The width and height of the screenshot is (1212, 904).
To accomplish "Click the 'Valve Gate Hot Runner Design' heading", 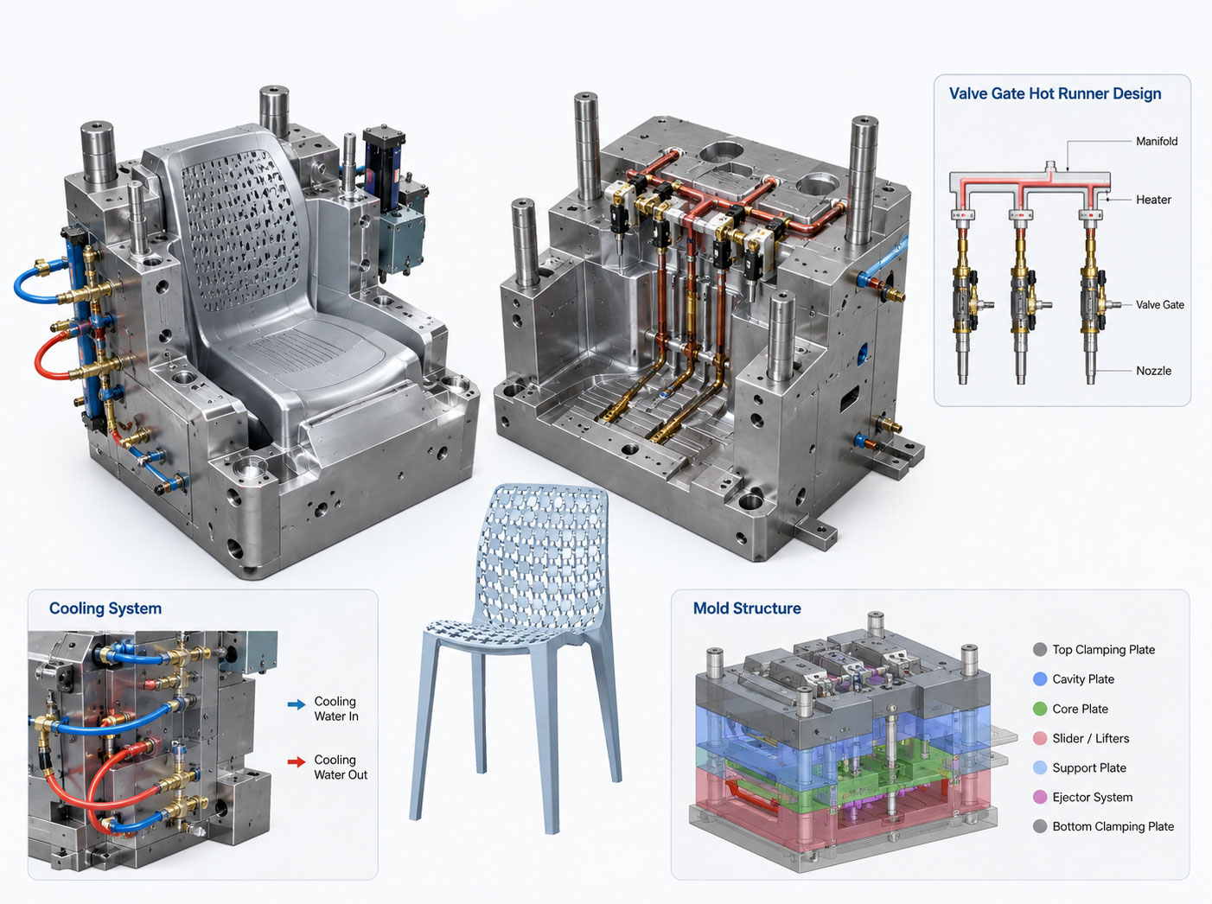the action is click(x=1055, y=94).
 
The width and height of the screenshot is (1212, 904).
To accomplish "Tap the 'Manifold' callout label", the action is click(x=1157, y=141).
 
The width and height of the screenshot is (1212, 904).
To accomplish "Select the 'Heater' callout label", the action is click(x=1153, y=200).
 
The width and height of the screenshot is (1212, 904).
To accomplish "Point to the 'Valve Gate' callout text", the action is click(x=1159, y=304).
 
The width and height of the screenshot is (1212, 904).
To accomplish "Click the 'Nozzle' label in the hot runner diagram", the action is click(x=1153, y=371).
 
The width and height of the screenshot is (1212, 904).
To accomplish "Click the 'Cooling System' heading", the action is click(x=105, y=608).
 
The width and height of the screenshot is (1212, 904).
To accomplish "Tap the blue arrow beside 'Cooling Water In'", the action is click(x=297, y=703).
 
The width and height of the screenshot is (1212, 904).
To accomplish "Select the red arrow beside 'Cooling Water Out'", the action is click(x=297, y=762).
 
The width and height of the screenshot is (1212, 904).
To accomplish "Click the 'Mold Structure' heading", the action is click(x=747, y=608).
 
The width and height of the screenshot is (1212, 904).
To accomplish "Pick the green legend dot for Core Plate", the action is click(x=1040, y=709).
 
